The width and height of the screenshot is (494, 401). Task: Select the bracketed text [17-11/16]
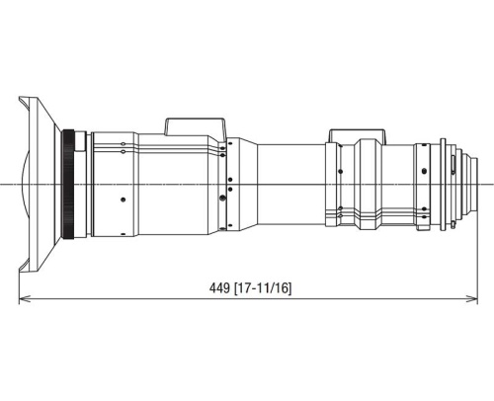[x=263, y=287]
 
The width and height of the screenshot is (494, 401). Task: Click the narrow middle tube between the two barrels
[x=291, y=185]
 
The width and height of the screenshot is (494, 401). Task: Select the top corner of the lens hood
[x=20, y=96]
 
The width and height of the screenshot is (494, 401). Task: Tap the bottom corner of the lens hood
[x=20, y=274]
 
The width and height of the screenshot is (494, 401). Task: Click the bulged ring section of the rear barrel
[x=368, y=185]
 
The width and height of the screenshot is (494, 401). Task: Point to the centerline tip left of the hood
[x=3, y=185]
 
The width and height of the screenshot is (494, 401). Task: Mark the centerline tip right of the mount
[x=491, y=185]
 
